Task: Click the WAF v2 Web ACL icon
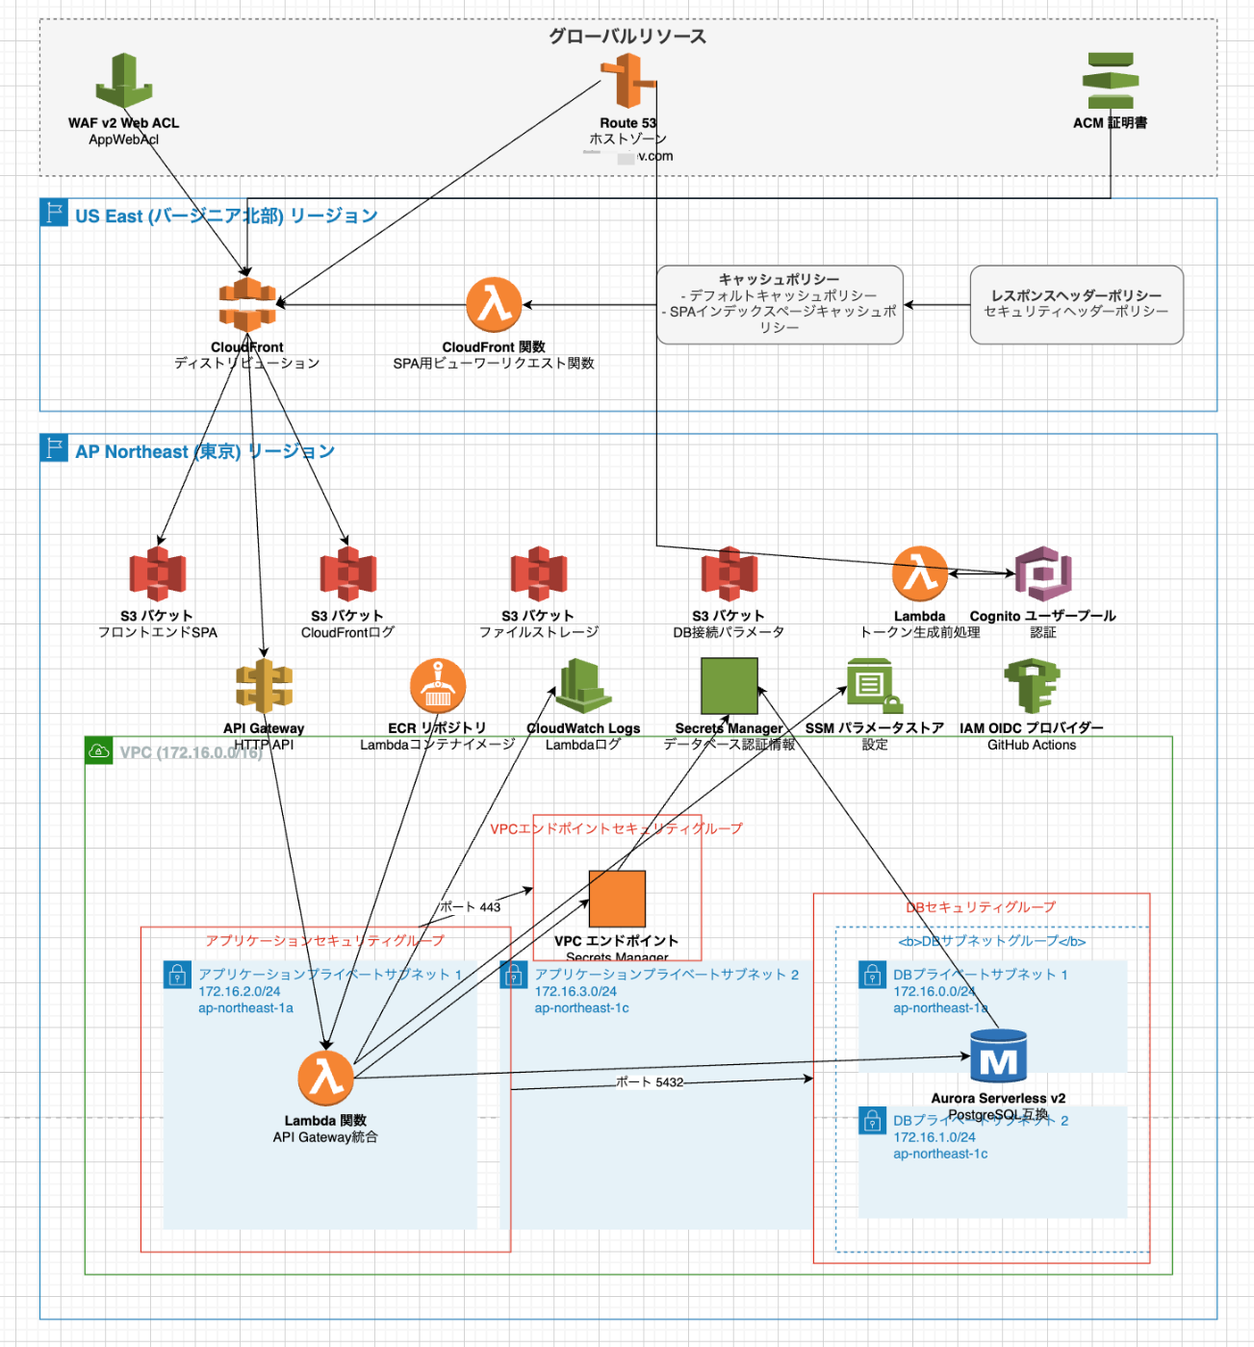point(123,81)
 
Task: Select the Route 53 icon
point(627,81)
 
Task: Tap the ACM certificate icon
point(1111,81)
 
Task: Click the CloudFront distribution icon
point(247,304)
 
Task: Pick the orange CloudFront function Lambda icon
point(494,304)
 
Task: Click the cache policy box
point(780,304)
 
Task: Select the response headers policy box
point(1076,304)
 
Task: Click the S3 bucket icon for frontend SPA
point(158,573)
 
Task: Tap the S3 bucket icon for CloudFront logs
point(347,573)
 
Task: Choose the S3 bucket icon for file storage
point(539,573)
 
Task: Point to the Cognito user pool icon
point(1043,573)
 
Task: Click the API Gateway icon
point(264,687)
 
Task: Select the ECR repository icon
point(438,685)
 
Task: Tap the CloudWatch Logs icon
point(583,685)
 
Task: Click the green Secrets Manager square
point(729,685)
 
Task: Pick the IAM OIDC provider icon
point(1032,685)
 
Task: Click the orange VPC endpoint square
point(617,899)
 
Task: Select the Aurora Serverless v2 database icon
point(998,1055)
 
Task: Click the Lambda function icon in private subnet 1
point(325,1078)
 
